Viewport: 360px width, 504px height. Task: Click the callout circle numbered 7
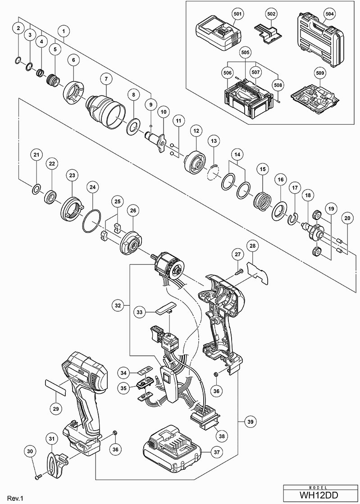coord(105,78)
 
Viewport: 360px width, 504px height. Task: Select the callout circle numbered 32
coord(118,306)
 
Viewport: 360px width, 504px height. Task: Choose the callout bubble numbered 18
coord(308,195)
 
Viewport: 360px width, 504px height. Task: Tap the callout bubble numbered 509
coord(319,73)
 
